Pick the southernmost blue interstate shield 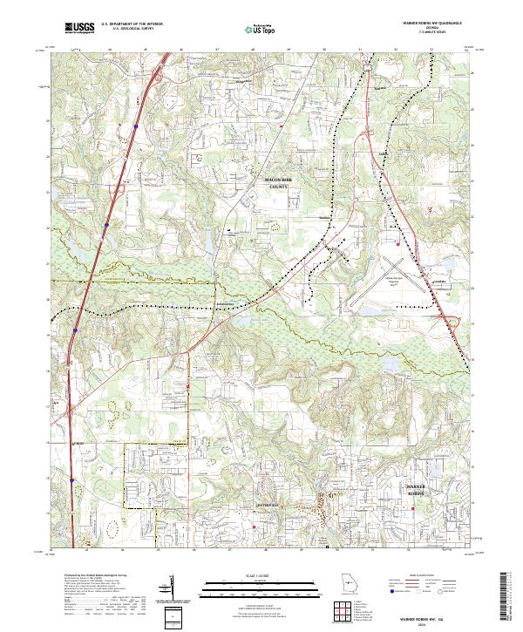pyautogui.click(x=73, y=479)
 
